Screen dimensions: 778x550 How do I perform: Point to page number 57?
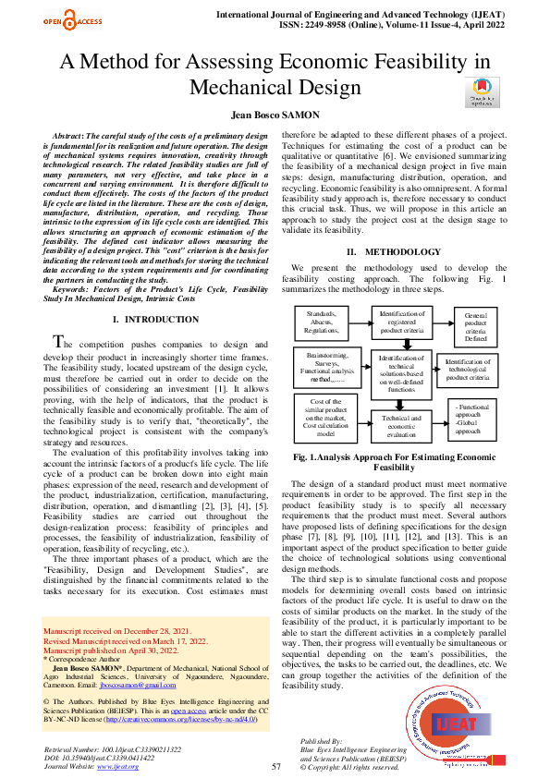tap(275, 766)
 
